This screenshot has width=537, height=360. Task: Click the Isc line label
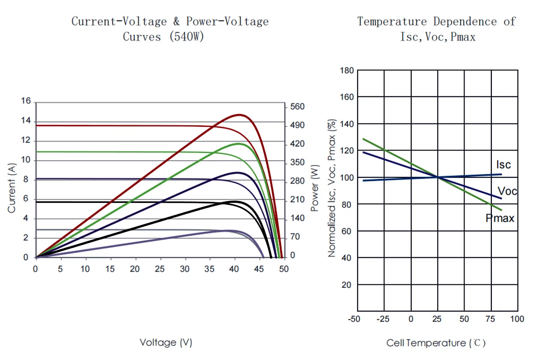[x=503, y=164]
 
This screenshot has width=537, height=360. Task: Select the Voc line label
[x=507, y=192]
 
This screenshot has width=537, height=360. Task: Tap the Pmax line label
[x=500, y=219]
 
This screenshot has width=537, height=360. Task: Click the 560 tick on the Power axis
[x=297, y=107]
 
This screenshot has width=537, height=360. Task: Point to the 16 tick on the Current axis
[x=26, y=101]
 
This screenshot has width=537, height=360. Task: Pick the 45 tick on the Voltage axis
[x=259, y=269]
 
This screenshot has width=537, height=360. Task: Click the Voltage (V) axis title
[x=166, y=343]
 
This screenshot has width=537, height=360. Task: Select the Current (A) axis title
[x=12, y=188]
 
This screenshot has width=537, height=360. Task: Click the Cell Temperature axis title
[x=436, y=343]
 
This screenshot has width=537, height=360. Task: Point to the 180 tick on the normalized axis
[x=347, y=70]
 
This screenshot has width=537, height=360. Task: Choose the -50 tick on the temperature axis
[x=354, y=319]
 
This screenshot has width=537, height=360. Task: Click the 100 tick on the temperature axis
[x=517, y=319]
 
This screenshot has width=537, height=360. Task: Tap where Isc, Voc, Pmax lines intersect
[x=437, y=178]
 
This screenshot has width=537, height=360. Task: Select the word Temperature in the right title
[x=392, y=21]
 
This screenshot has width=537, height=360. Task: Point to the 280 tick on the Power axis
[x=297, y=181]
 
